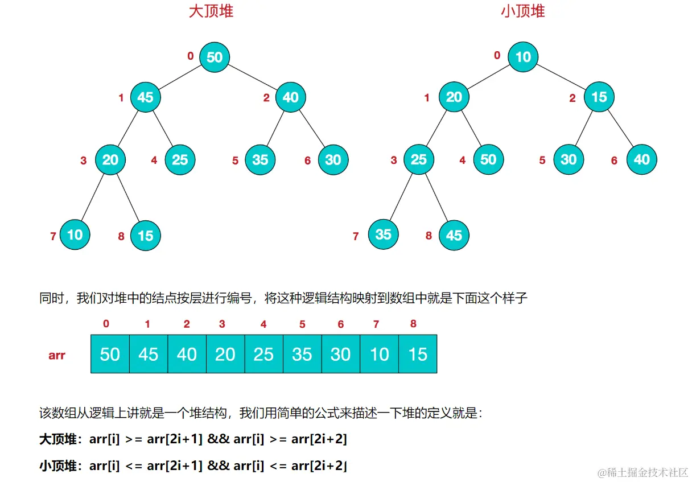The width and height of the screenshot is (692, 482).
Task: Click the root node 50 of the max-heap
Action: (215, 57)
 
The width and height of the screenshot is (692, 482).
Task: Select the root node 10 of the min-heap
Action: (523, 57)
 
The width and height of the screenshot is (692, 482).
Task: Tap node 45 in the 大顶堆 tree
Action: (145, 97)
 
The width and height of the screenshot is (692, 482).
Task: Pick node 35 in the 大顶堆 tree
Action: (260, 160)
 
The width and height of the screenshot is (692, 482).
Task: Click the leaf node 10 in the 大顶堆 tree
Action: (75, 234)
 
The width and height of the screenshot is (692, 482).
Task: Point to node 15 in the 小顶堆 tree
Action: (599, 97)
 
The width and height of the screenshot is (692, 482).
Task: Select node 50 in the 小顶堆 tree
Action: (488, 160)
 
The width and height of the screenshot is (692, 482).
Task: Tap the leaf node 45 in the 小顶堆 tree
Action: (454, 235)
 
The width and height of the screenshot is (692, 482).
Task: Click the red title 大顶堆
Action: (211, 11)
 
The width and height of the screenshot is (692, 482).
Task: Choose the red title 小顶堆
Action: (523, 11)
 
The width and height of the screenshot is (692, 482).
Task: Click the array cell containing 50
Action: (110, 354)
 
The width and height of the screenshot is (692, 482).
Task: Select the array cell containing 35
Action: (302, 354)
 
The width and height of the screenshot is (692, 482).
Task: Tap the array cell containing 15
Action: (418, 354)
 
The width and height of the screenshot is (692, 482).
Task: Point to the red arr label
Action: (57, 356)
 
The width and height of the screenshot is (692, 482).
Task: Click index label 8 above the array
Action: (413, 324)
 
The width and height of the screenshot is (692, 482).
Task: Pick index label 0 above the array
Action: (106, 324)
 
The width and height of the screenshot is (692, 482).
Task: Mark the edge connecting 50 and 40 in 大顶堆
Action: (253, 77)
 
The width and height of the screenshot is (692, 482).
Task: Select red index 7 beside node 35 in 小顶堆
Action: (356, 236)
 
